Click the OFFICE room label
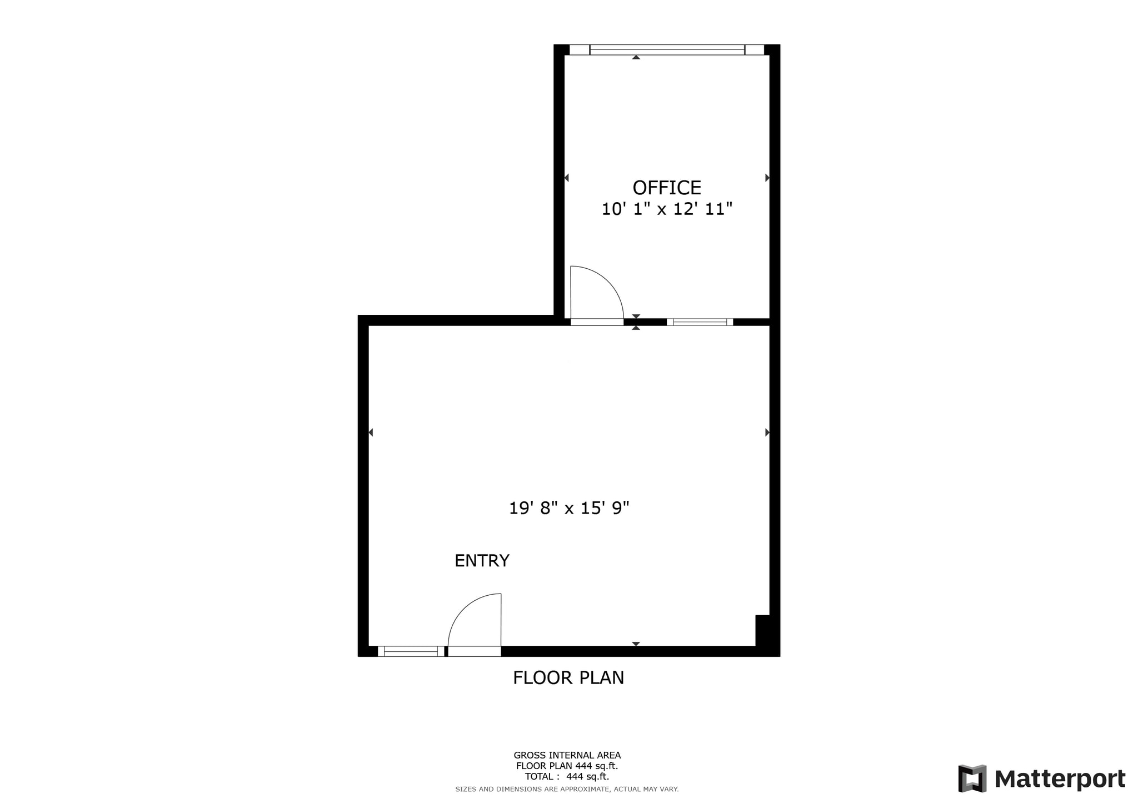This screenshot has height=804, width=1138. (x=667, y=188)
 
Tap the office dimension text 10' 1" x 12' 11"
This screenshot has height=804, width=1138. (x=667, y=209)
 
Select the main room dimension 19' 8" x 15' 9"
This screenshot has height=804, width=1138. (x=569, y=508)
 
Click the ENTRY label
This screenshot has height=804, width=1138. (x=482, y=561)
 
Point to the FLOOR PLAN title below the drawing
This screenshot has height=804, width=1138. (x=568, y=678)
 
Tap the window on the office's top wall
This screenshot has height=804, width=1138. (x=667, y=50)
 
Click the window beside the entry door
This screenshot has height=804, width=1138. (x=411, y=651)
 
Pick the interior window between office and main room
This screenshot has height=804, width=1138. (x=700, y=322)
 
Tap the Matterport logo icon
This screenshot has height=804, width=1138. (x=972, y=778)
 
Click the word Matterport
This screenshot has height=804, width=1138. (x=1060, y=779)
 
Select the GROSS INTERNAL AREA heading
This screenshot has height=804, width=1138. (x=567, y=755)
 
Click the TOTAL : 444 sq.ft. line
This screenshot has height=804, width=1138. (x=567, y=777)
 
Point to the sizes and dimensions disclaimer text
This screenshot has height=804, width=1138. (x=567, y=789)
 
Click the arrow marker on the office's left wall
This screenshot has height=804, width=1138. (x=567, y=178)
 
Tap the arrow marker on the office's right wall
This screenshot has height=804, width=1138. (x=767, y=178)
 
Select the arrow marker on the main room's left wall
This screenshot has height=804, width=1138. (x=371, y=433)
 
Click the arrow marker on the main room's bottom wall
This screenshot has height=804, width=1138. (x=636, y=644)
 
